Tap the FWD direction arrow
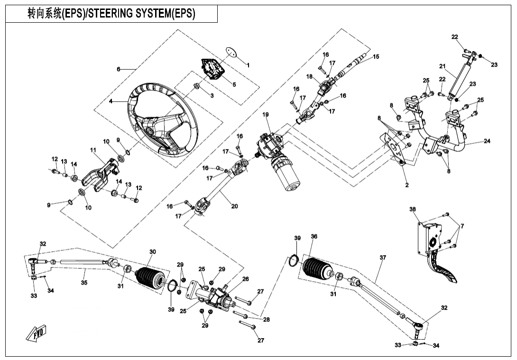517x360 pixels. pos(37,334)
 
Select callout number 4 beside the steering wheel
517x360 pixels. pos(111,101)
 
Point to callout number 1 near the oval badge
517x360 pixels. pos(248,65)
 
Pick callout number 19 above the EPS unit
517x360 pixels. pos(266,115)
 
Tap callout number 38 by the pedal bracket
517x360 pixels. pos(413,209)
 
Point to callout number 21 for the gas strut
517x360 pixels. pos(443,66)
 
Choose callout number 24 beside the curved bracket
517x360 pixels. pos(487,141)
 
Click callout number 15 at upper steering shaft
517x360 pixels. pos(376,56)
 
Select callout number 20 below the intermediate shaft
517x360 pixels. pos(234,206)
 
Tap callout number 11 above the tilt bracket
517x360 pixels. pos(93,150)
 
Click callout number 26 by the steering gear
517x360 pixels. pos(246,279)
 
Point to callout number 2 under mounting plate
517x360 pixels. pos(407,185)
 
